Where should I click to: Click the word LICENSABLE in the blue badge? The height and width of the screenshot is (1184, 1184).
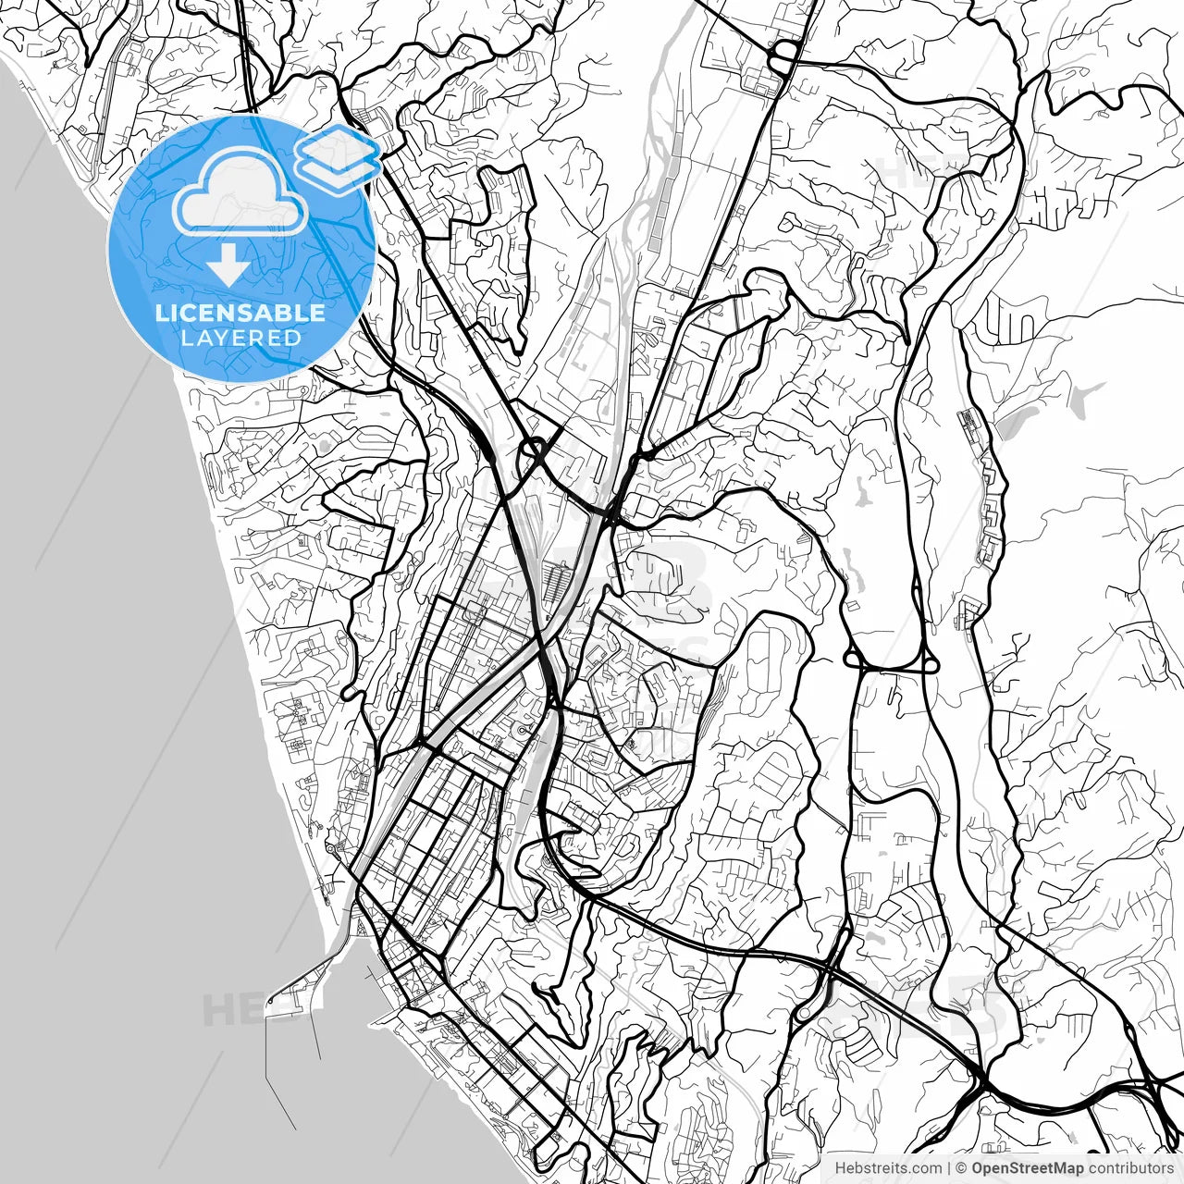[x=240, y=313]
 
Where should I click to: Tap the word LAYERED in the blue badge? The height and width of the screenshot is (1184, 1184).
[x=240, y=339]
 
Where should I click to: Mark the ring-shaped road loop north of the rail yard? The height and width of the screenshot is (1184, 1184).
[x=533, y=453]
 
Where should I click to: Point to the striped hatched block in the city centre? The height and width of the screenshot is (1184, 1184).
[x=557, y=585]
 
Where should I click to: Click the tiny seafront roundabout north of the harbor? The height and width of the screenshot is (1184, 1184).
[x=331, y=847]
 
